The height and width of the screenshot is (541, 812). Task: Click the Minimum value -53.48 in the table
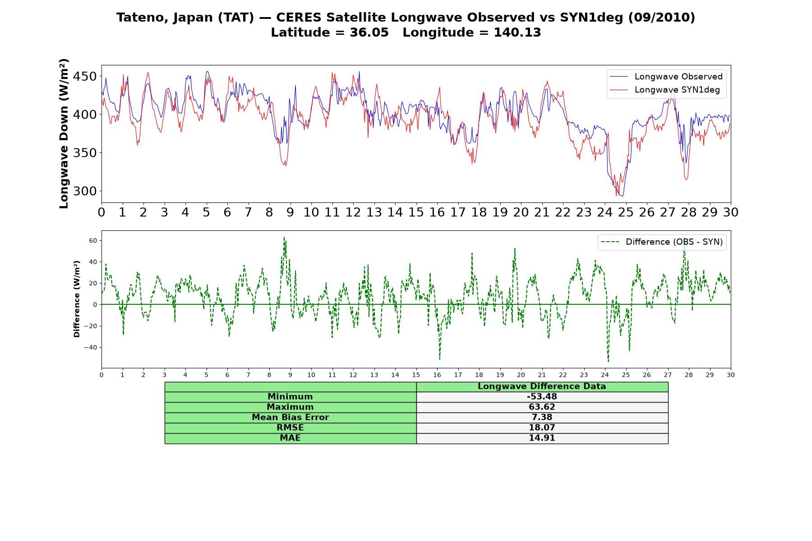(542, 397)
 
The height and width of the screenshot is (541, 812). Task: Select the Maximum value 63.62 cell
(542, 407)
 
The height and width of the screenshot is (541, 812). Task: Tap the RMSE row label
(290, 428)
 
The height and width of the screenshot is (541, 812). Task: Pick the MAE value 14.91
(542, 438)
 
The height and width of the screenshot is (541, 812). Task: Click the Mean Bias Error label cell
(290, 417)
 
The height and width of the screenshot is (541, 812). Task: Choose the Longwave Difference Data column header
(542, 386)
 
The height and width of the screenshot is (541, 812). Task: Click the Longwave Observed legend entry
(666, 77)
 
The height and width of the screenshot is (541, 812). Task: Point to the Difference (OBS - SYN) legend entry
(662, 242)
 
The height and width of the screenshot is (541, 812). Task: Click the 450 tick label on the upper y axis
(85, 77)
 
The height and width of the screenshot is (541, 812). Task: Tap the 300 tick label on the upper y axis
(85, 191)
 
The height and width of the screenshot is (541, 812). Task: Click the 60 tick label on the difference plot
(93, 241)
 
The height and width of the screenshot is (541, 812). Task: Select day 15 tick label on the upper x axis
(416, 212)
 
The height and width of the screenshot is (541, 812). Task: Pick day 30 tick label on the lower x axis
(731, 375)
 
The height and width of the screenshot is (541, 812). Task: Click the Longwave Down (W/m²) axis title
(64, 133)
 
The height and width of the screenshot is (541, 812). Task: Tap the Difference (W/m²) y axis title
(77, 299)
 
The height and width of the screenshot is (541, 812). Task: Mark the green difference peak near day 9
(284, 238)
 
